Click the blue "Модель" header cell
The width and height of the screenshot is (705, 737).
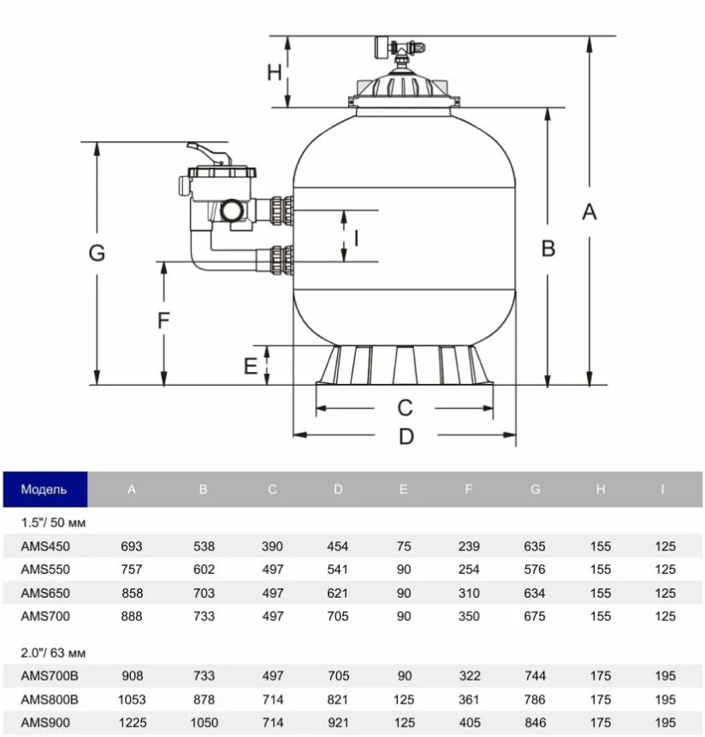(44, 490)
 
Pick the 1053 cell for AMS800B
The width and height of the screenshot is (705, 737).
(132, 699)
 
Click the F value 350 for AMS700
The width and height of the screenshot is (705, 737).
(468, 616)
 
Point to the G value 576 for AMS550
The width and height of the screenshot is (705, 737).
(536, 569)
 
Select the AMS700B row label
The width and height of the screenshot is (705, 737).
(48, 676)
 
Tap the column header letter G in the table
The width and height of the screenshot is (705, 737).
(536, 490)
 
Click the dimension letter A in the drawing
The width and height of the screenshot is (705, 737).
(589, 211)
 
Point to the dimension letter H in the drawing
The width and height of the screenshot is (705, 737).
(274, 73)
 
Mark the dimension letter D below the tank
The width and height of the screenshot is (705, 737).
(406, 437)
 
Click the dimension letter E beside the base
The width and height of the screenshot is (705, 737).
(250, 367)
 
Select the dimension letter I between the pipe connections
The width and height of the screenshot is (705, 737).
(357, 237)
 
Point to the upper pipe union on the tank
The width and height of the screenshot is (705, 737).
(281, 209)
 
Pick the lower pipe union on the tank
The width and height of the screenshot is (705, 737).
(281, 258)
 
